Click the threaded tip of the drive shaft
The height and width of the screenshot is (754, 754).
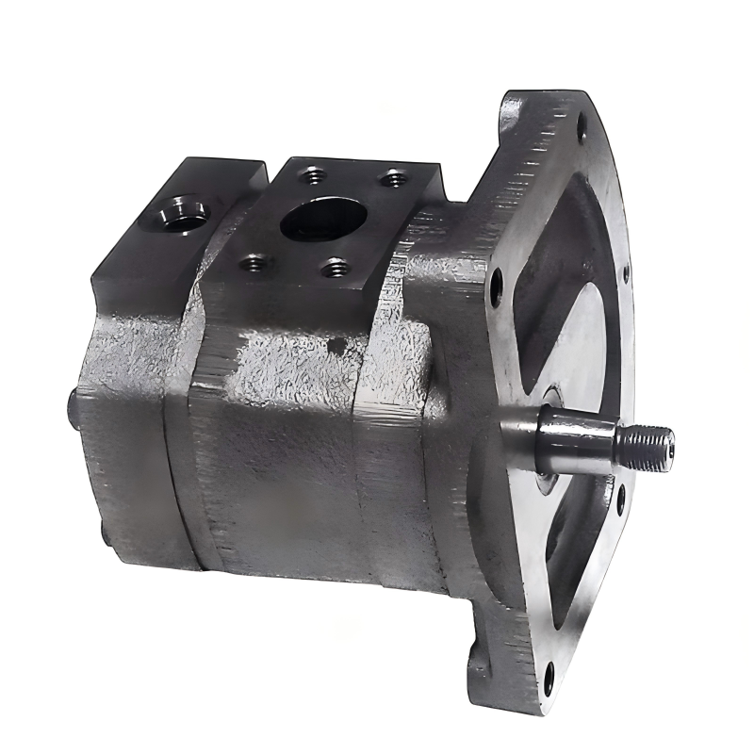pyautogui.click(x=647, y=444)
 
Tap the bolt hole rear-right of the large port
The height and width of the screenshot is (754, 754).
pyautogui.click(x=393, y=176)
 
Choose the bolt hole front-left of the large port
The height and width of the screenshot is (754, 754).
pyautogui.click(x=252, y=263)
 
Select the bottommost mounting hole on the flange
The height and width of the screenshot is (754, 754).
pyautogui.click(x=549, y=673)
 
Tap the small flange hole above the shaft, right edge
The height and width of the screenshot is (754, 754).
pyautogui.click(x=625, y=275)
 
